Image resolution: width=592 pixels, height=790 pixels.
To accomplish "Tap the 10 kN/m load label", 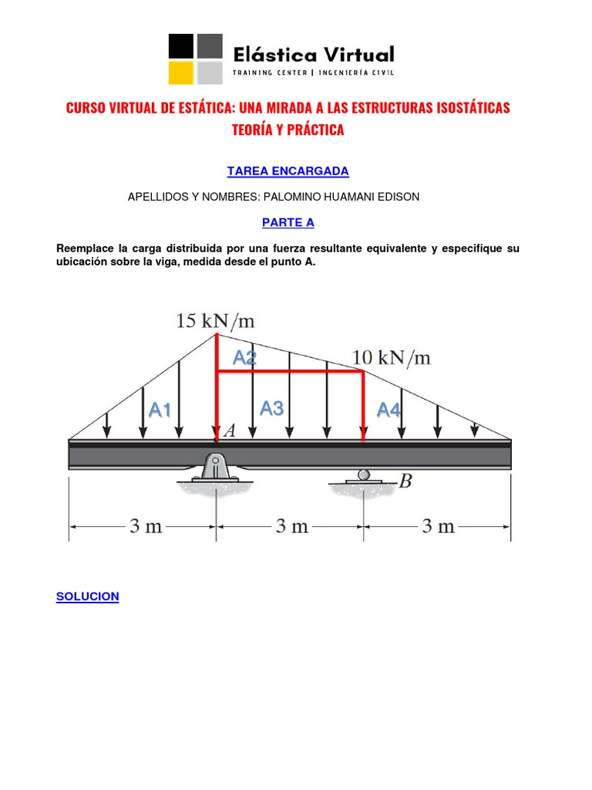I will point(392,357).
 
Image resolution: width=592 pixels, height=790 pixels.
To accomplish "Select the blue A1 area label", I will point(160,410).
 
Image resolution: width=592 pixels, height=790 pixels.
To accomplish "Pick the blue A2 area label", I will point(244,357).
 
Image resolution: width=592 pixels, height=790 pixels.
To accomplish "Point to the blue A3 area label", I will point(271,409).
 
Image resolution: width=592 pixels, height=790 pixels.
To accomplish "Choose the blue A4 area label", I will point(388,410).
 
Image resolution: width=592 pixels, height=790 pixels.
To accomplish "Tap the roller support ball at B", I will point(364,474).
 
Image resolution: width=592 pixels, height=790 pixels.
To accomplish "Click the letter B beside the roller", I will point(405,481).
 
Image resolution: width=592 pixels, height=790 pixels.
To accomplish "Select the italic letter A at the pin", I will point(230,433).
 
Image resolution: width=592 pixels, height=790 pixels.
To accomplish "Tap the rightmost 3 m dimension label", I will point(438,527).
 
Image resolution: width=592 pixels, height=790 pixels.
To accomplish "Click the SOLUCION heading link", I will point(88,596).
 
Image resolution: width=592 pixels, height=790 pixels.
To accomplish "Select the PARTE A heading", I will point(288,222).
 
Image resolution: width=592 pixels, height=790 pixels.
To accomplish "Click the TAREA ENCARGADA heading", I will point(288,170).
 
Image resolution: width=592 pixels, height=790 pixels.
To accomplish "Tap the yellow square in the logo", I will point(181,73).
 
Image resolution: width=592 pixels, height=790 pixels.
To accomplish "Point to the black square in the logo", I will point(181,46).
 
